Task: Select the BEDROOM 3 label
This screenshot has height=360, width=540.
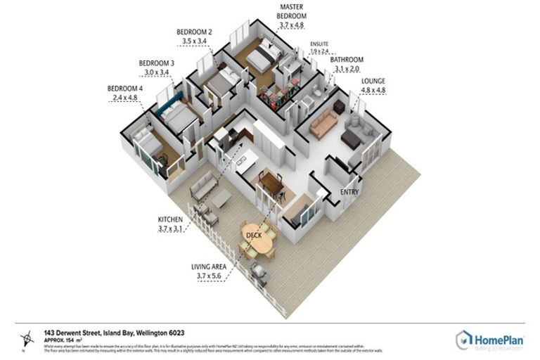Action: [156, 63]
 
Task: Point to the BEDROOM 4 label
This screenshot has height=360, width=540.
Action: [125, 88]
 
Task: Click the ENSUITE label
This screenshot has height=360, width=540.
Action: [320, 44]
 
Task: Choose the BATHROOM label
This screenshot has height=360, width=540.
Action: [347, 60]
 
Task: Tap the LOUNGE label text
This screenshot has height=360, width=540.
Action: [373, 81]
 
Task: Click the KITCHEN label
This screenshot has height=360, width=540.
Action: [170, 219]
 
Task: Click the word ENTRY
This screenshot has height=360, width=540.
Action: [349, 192]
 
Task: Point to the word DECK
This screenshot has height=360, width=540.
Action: [254, 235]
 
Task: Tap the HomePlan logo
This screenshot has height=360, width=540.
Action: [489, 340]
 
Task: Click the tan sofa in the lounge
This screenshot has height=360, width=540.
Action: [324, 124]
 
